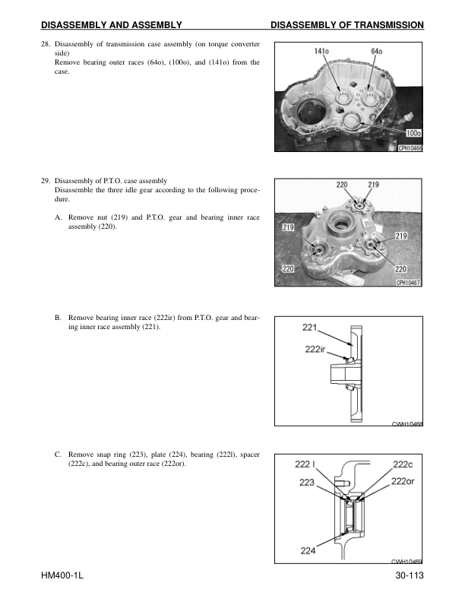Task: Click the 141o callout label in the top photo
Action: pos(321,51)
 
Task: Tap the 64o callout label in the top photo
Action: pos(376,51)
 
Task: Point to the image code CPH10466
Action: pos(410,149)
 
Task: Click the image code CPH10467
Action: pos(409,283)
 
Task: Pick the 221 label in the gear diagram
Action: pos(310,328)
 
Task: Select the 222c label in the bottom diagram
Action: pos(403,464)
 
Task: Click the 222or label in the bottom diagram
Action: pos(403,480)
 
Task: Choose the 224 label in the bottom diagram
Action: pos(308,551)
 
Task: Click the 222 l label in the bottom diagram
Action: pos(305,464)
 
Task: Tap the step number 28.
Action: pos(45,44)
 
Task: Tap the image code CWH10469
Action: pos(406,562)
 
